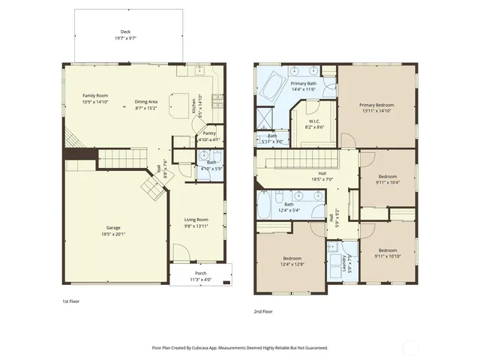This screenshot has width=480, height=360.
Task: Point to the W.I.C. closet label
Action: (x=314, y=123)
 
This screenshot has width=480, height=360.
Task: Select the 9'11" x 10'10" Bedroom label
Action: (x=387, y=252)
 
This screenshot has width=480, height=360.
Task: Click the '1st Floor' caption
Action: (x=71, y=301)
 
